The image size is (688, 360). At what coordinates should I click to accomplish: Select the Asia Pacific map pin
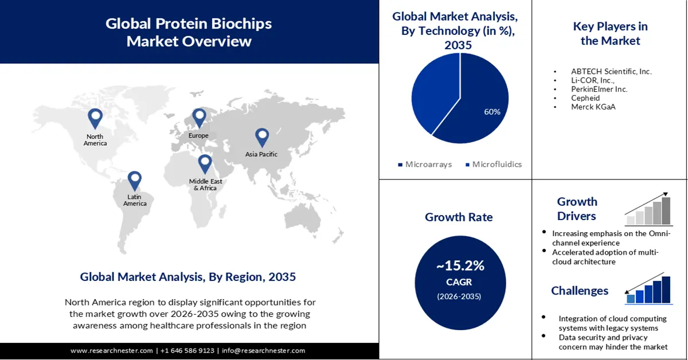[x=262, y=138]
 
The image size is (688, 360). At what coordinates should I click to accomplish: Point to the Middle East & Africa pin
[x=205, y=164]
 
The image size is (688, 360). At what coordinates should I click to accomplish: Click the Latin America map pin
[x=135, y=181]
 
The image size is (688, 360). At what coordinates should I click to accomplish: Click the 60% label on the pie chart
[x=492, y=112]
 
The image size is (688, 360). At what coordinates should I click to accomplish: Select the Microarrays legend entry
[x=425, y=165]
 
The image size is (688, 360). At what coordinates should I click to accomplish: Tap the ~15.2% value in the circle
[x=460, y=266]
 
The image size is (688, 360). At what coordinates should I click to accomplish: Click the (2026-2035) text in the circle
[x=460, y=296]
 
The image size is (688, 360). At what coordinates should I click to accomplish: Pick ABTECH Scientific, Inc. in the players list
[x=611, y=72]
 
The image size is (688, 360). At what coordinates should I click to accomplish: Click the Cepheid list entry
[x=585, y=98]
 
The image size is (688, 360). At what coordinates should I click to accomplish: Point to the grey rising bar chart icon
[x=648, y=209]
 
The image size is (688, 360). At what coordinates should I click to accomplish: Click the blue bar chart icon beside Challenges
[x=648, y=289]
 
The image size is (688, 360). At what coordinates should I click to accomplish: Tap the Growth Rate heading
[x=459, y=217]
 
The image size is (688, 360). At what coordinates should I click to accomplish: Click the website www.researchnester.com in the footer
[x=112, y=350]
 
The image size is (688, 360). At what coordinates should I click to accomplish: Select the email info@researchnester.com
[x=263, y=350]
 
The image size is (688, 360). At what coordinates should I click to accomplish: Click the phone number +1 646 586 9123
[x=187, y=350]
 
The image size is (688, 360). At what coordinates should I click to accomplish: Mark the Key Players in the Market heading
[x=610, y=33]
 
